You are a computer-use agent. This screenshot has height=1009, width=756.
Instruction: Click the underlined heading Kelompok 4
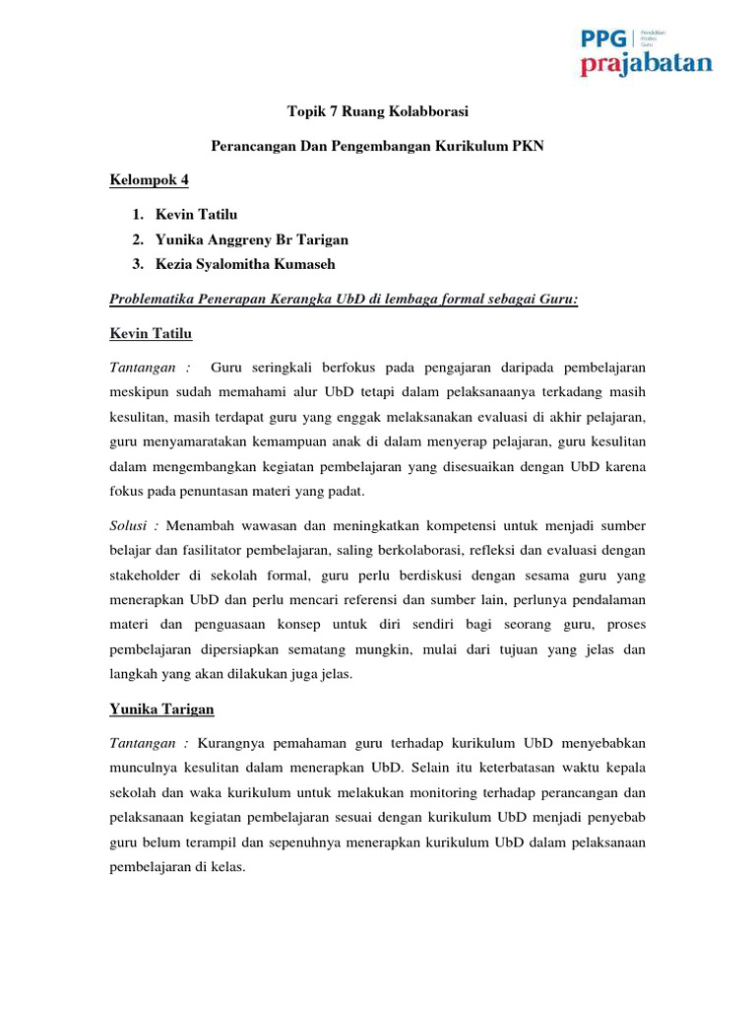coord(148,179)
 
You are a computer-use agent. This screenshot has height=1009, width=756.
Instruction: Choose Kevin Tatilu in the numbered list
coord(196,214)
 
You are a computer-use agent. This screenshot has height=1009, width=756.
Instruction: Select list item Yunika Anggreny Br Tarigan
coord(251,239)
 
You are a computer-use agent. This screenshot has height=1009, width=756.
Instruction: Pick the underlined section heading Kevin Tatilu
coord(151,333)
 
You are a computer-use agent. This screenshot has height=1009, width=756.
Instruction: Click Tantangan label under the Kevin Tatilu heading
coord(144,368)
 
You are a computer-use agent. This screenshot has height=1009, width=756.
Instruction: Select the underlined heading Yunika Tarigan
coord(161,708)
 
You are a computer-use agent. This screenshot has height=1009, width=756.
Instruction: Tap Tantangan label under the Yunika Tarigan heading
coord(144,742)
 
